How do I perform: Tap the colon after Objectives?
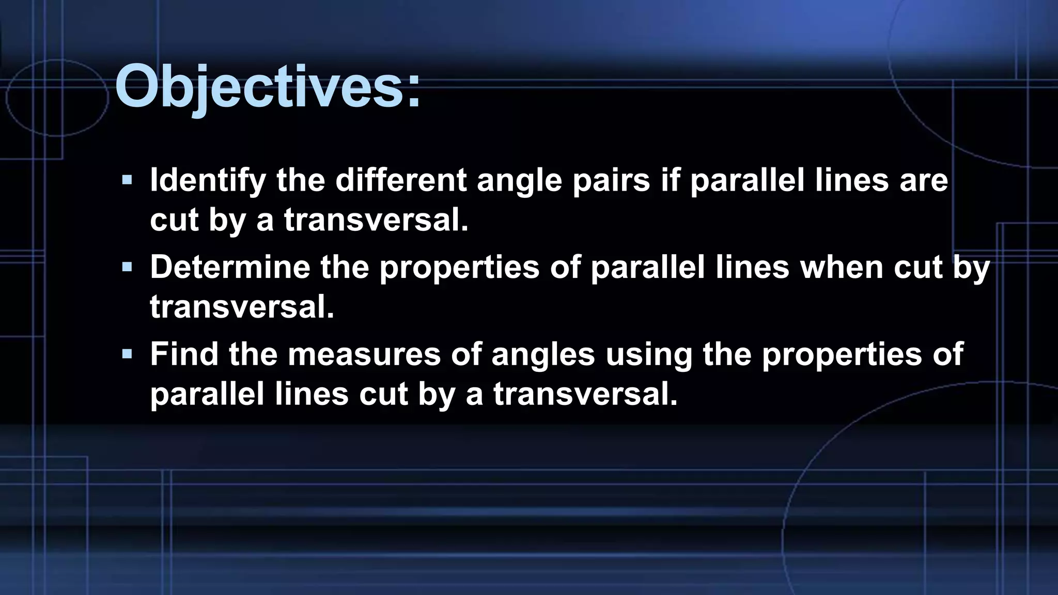414,93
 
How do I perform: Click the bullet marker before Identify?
127,180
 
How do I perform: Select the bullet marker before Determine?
127,267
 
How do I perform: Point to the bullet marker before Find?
127,354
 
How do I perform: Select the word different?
401,180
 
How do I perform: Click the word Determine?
230,267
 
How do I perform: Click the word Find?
184,354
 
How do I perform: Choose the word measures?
364,354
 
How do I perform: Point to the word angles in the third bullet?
543,355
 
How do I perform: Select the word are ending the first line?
924,180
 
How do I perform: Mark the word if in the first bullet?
670,180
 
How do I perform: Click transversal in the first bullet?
376,220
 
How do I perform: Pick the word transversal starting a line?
242,306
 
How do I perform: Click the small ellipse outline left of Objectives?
57,98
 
